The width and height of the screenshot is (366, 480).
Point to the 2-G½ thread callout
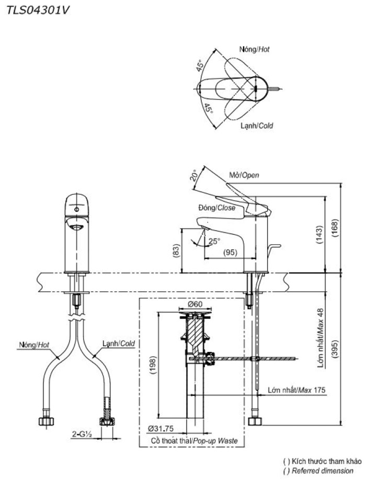(x=83, y=434)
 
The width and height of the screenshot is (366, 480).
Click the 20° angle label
(x=195, y=175)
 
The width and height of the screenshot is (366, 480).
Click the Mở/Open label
(x=244, y=176)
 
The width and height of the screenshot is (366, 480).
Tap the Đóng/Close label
(x=216, y=208)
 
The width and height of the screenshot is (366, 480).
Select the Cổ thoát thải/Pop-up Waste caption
(x=193, y=441)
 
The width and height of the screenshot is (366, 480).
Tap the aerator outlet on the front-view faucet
(x=76, y=226)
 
